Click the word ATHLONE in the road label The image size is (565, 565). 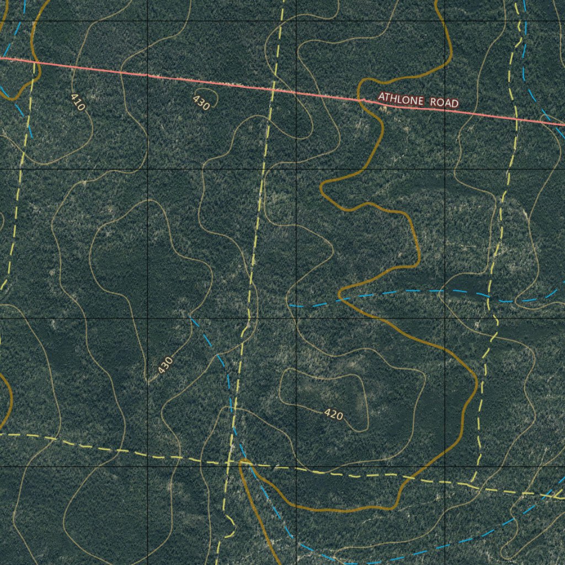[x=401, y=99]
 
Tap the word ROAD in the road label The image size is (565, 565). [x=445, y=103]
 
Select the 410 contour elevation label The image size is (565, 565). [x=78, y=102]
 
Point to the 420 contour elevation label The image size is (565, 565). [x=333, y=414]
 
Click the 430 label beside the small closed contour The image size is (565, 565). [x=201, y=103]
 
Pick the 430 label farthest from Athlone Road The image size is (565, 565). [x=165, y=365]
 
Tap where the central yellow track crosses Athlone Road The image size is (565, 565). [x=272, y=90]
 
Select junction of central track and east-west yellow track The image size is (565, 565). [x=228, y=462]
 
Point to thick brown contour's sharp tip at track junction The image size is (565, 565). [x=242, y=461]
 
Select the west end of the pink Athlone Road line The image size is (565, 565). [x=1, y=57]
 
